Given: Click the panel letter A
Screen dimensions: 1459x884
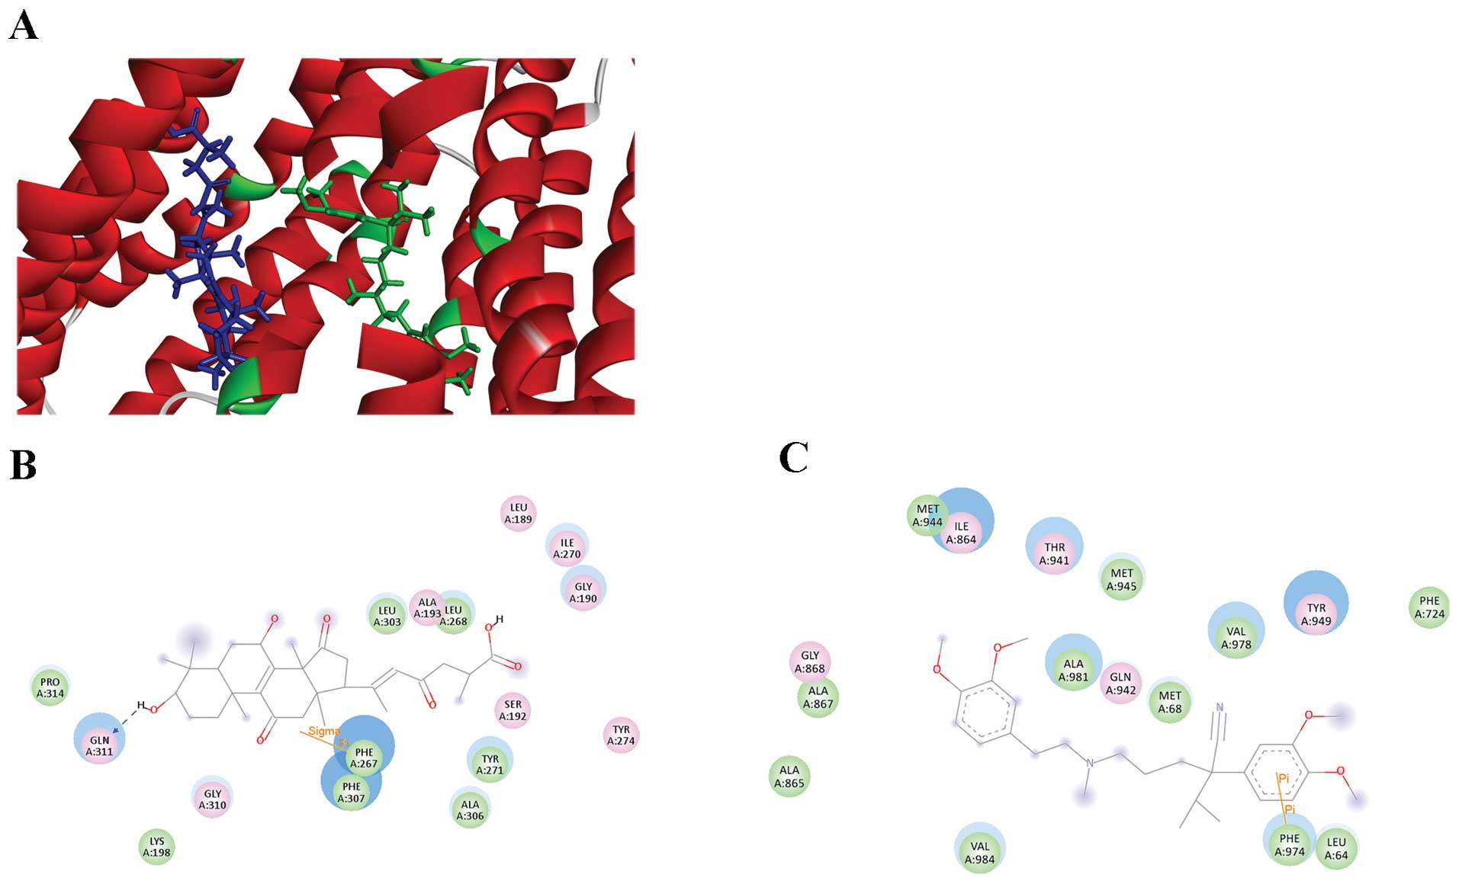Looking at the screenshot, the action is pyautogui.click(x=23, y=26).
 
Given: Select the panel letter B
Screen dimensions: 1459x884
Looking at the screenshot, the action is pyautogui.click(x=23, y=464).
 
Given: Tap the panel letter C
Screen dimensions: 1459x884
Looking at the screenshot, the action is pyautogui.click(x=793, y=458).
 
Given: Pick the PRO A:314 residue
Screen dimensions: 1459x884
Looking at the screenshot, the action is pyautogui.click(x=50, y=687).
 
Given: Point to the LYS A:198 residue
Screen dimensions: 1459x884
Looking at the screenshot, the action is pyautogui.click(x=156, y=847).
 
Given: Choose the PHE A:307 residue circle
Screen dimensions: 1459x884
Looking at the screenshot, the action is pyautogui.click(x=352, y=792).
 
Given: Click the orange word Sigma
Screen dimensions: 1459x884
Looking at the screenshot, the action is pyautogui.click(x=323, y=731).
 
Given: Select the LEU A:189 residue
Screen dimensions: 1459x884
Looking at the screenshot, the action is pyautogui.click(x=519, y=513).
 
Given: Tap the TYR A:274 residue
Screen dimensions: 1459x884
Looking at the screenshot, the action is pyautogui.click(x=622, y=735).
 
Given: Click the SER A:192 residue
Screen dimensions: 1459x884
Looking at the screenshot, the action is pyautogui.click(x=513, y=709).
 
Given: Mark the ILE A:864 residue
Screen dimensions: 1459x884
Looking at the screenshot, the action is pyautogui.click(x=961, y=532).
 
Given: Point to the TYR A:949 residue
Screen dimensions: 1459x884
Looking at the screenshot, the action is pyautogui.click(x=1316, y=614).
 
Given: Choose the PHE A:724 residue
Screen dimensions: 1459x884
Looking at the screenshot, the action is pyautogui.click(x=1429, y=607).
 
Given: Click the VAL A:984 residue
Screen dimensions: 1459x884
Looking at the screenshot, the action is pyautogui.click(x=979, y=852).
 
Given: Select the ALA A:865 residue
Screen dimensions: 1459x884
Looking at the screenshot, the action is pyautogui.click(x=789, y=776).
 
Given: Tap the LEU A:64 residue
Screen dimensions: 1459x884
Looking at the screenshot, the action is pyautogui.click(x=1336, y=848).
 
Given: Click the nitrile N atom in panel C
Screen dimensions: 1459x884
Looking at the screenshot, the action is pyautogui.click(x=1220, y=708).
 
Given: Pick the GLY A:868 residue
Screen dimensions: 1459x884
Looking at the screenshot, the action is pyautogui.click(x=810, y=661).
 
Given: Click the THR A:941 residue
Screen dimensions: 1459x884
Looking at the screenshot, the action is pyautogui.click(x=1055, y=553).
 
